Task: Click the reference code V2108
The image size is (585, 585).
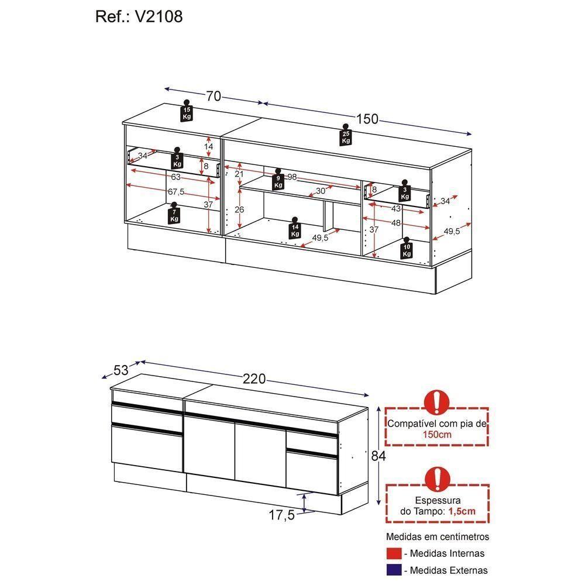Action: click(x=160, y=16)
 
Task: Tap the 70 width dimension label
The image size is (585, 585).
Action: click(x=213, y=96)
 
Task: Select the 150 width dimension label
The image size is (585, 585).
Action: click(x=367, y=119)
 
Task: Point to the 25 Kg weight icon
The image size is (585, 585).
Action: click(x=346, y=136)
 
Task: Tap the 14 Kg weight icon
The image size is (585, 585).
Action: click(x=295, y=228)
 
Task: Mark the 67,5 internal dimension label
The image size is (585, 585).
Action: click(x=176, y=192)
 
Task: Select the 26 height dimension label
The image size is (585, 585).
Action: click(x=240, y=209)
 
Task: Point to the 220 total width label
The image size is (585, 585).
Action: click(x=254, y=379)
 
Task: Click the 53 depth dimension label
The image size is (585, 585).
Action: click(x=121, y=370)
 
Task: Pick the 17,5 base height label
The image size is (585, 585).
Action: click(x=281, y=515)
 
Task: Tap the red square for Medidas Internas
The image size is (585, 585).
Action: click(x=394, y=553)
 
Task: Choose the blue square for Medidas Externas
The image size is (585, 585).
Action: click(x=394, y=570)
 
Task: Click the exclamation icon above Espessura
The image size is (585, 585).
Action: click(x=436, y=479)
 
